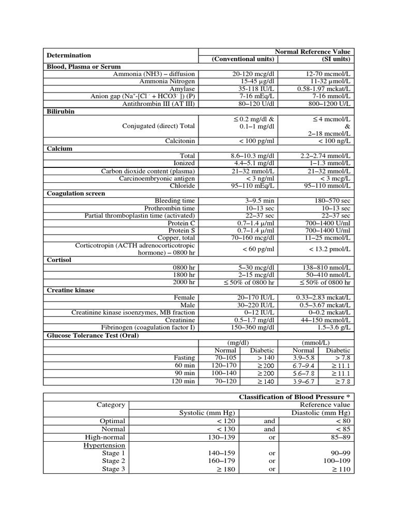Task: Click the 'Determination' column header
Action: coord(69,55)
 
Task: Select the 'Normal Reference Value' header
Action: coord(312,52)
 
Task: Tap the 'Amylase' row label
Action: coord(183,89)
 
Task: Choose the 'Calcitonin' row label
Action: coord(180,141)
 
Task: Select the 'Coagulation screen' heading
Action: coord(76,193)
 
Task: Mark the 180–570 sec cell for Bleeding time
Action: coord(327,200)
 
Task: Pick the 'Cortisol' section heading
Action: coord(59,260)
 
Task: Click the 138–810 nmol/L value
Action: coord(326,268)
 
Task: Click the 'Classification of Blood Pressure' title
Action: coord(294,397)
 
